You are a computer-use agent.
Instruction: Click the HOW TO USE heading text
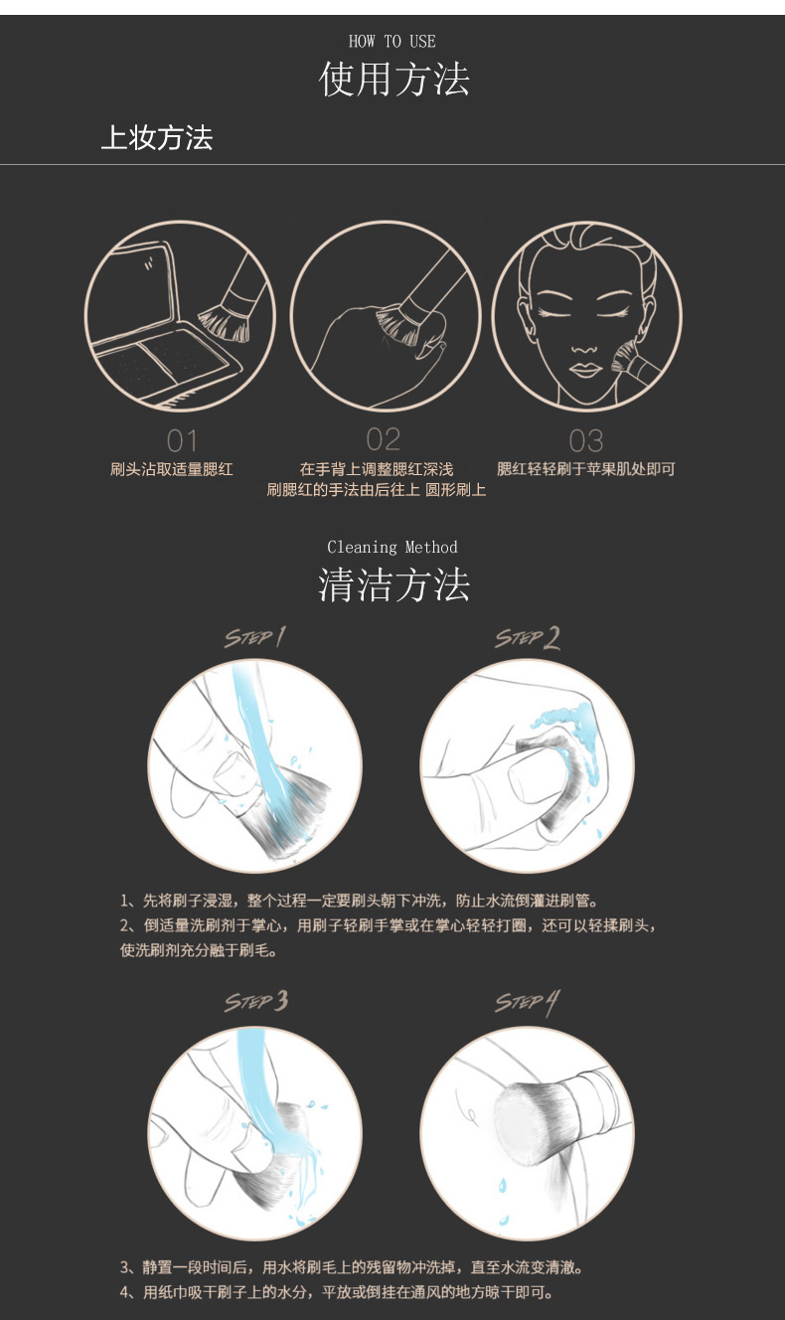click(392, 42)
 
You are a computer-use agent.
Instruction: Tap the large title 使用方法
click(393, 80)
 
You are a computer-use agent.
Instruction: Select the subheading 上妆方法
click(157, 137)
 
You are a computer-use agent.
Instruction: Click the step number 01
click(182, 440)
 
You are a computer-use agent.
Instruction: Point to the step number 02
click(384, 439)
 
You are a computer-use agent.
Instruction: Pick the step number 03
click(586, 440)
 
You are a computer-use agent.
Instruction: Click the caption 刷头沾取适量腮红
click(171, 469)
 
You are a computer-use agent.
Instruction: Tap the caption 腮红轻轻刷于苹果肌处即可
click(586, 469)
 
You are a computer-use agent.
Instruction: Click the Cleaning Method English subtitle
click(392, 548)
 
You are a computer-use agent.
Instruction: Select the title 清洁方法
click(393, 585)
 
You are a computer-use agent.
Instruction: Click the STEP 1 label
click(254, 637)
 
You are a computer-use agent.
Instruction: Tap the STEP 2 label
click(527, 638)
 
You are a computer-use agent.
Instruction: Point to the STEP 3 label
click(256, 1001)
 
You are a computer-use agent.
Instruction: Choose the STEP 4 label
click(527, 1003)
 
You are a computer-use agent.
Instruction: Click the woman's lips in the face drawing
click(584, 370)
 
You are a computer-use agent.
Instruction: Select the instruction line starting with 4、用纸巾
click(337, 1292)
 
